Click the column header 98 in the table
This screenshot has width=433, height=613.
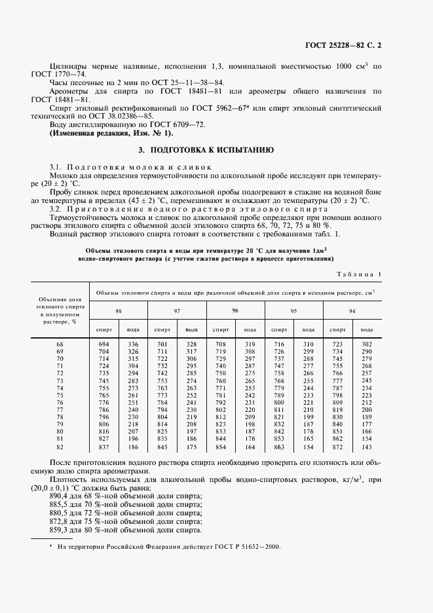coord(118,310)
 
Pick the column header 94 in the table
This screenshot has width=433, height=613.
coord(352,310)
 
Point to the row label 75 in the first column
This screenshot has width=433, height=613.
coord(60,395)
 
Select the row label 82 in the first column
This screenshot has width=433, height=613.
coord(60,446)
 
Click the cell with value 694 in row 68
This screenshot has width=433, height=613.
coord(103,344)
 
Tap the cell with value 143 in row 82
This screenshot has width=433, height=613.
coord(367,446)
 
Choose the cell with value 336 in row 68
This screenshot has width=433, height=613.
coord(134,344)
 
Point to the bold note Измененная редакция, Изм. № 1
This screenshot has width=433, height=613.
coord(112,133)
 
